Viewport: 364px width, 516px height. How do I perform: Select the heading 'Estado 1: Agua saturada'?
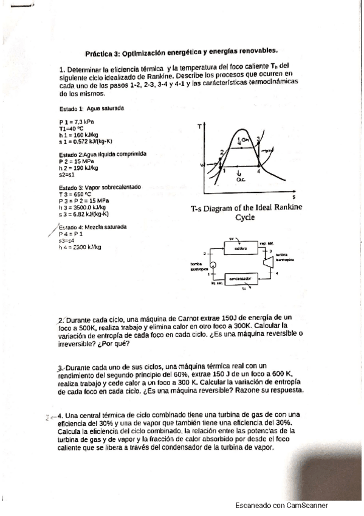[x=92, y=108]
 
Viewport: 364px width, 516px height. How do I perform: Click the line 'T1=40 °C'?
[x=71, y=128]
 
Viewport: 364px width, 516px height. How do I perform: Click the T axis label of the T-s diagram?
[x=200, y=127]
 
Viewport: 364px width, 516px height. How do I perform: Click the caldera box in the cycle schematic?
[x=241, y=248]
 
